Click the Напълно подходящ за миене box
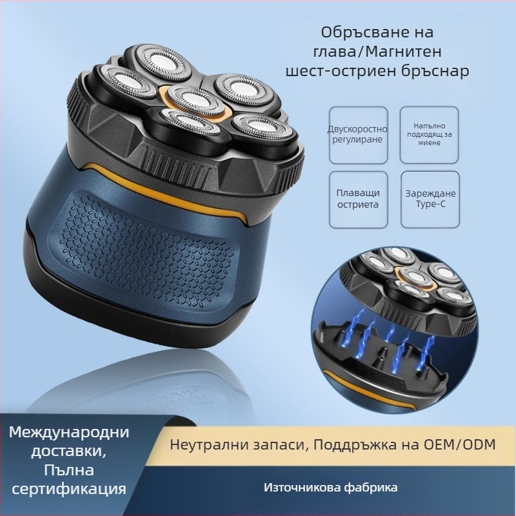tap(429, 135)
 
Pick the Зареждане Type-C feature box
tap(429, 199)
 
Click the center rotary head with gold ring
tap(192, 98)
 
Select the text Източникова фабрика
tap(330, 487)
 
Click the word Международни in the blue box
tap(70, 431)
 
